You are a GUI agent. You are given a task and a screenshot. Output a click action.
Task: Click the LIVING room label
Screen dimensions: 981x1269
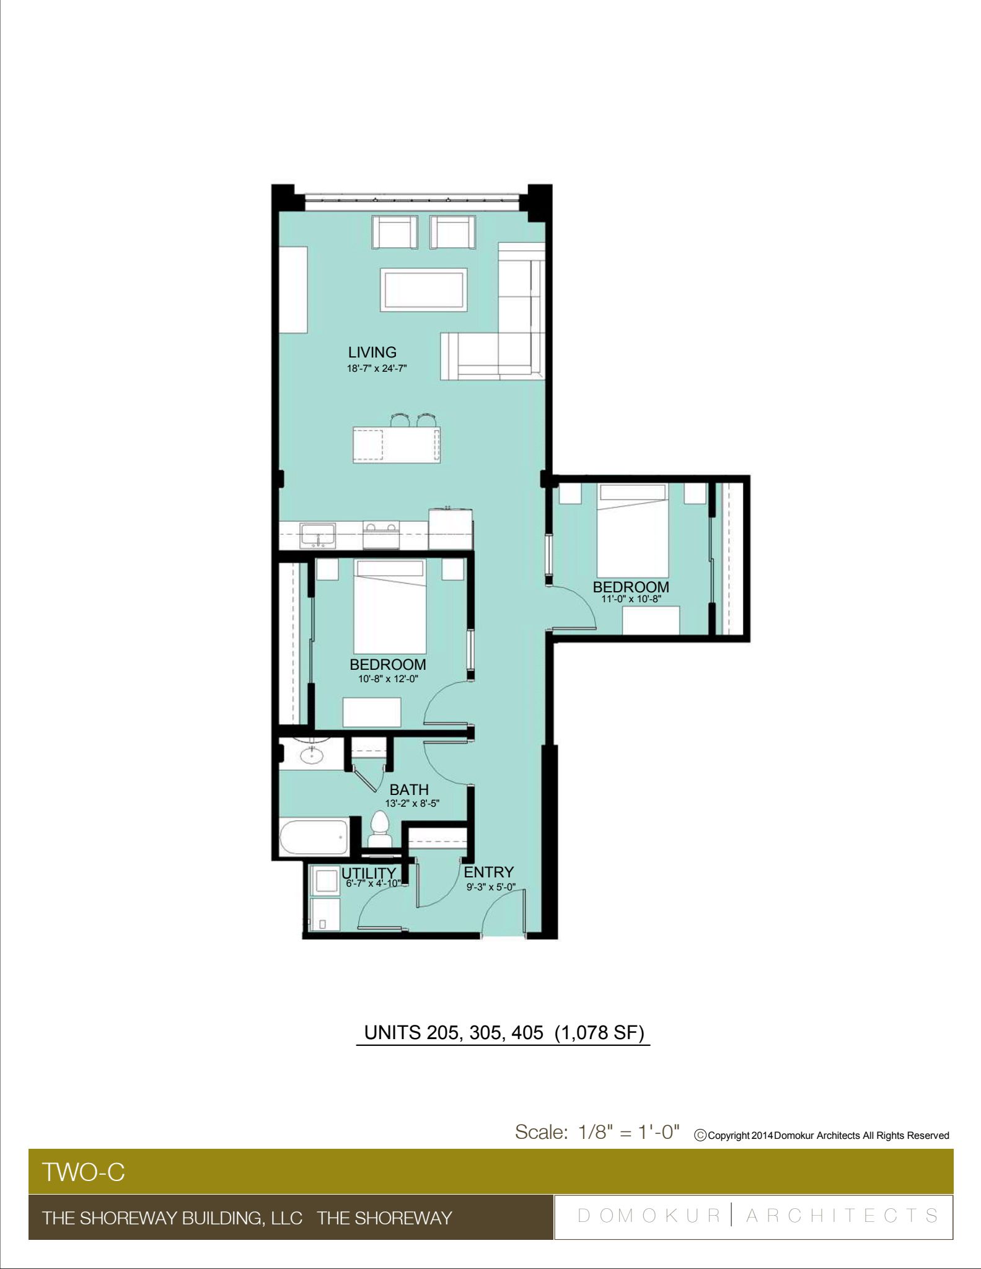click(372, 352)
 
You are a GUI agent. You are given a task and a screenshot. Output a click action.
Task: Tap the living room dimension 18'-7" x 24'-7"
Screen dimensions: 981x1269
click(376, 368)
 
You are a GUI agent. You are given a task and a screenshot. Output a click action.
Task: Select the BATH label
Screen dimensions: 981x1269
click(409, 789)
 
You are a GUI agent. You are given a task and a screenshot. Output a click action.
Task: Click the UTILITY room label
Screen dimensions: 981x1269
click(369, 873)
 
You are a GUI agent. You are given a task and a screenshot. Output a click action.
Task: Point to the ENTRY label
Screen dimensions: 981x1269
click(489, 872)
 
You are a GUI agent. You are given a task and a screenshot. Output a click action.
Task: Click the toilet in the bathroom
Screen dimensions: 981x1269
click(379, 830)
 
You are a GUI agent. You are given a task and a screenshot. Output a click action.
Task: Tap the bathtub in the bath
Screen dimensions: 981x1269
click(314, 837)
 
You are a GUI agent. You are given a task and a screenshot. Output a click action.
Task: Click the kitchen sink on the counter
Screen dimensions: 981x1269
click(317, 536)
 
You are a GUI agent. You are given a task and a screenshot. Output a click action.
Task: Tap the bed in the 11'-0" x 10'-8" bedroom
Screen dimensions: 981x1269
click(633, 530)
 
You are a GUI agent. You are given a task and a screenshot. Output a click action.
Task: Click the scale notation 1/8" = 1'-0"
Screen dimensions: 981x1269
click(628, 1133)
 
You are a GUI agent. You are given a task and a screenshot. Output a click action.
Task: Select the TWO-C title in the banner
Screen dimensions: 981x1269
click(83, 1172)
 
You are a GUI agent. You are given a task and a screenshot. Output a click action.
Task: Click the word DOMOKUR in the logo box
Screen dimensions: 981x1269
click(649, 1216)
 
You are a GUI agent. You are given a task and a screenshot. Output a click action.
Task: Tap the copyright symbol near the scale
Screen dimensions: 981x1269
click(701, 1136)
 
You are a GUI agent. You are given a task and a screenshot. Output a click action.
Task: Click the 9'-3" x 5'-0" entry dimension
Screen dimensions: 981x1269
click(491, 887)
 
